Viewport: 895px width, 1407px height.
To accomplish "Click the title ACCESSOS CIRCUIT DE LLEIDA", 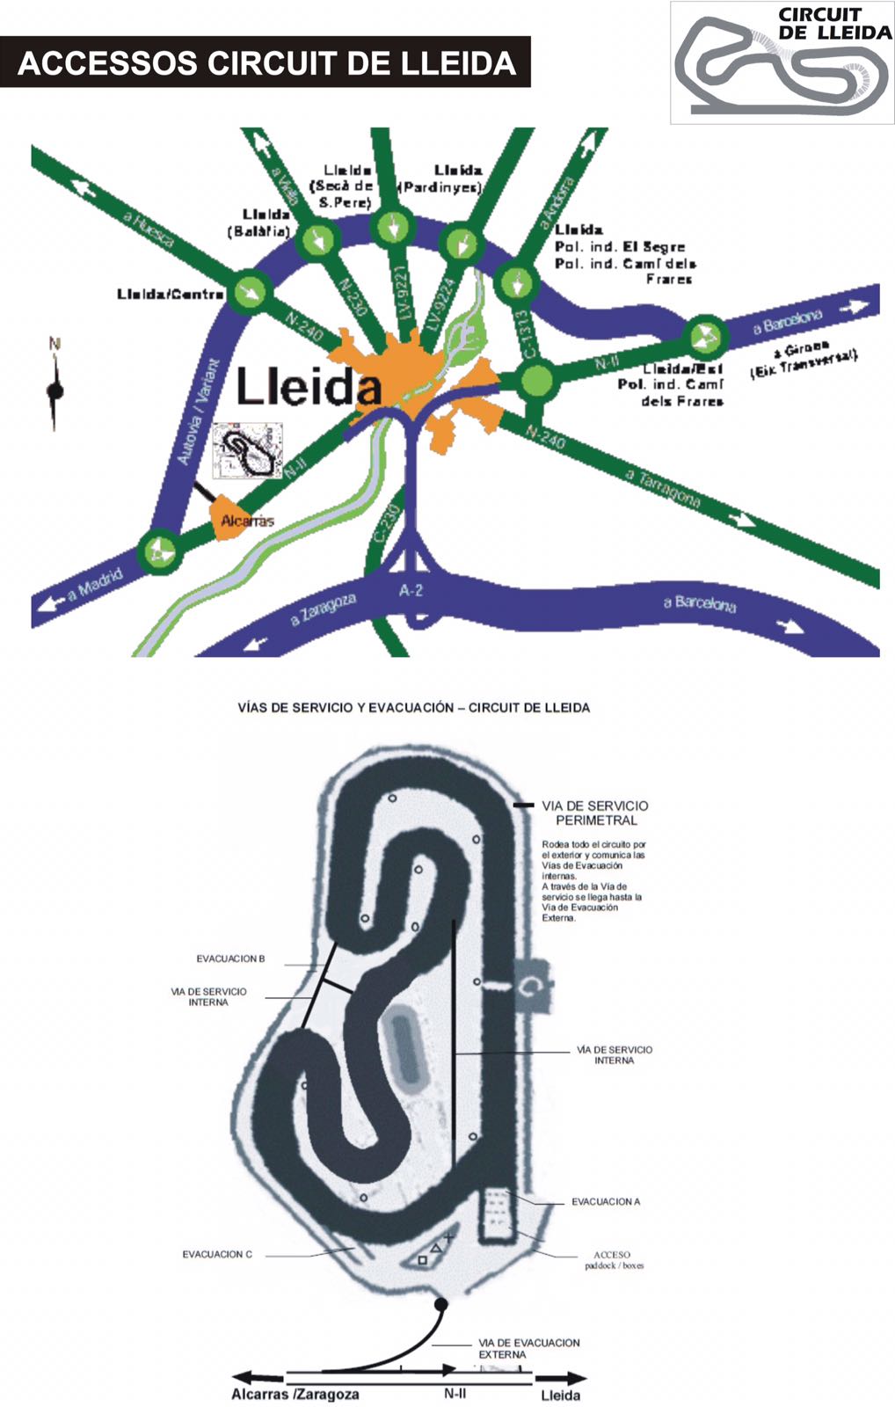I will (x=266, y=63).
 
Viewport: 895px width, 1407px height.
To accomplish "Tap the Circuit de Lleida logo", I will (x=782, y=62).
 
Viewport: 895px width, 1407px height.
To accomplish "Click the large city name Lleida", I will (x=309, y=387).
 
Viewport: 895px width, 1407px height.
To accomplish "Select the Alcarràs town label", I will (x=246, y=521).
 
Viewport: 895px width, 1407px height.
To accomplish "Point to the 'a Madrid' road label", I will (x=94, y=585).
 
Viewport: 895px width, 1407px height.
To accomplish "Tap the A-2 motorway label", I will (x=411, y=590).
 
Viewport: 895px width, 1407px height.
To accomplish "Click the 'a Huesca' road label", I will (x=149, y=229).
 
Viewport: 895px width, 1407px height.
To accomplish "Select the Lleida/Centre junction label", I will (x=170, y=294).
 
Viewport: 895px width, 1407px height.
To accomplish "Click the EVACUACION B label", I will (x=230, y=959).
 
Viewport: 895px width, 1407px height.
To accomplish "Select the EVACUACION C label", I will (x=217, y=1254).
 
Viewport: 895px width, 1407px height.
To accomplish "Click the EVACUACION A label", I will (x=606, y=1201).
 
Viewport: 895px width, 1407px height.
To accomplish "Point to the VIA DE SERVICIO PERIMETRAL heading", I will (x=595, y=813).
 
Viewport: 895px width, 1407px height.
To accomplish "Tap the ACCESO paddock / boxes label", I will (x=613, y=1260).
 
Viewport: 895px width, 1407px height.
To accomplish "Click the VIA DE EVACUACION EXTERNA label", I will (x=528, y=1348).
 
